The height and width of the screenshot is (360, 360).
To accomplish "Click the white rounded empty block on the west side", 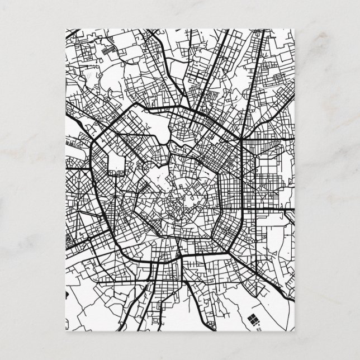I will click(x=117, y=162).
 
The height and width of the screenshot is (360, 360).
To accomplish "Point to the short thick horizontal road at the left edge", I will click(x=75, y=167).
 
